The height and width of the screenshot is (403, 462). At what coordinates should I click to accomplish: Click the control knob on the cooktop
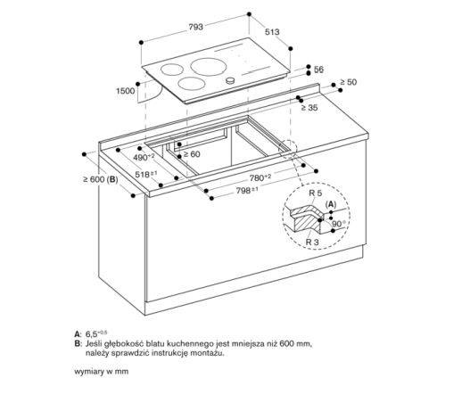pyautogui.click(x=232, y=81)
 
